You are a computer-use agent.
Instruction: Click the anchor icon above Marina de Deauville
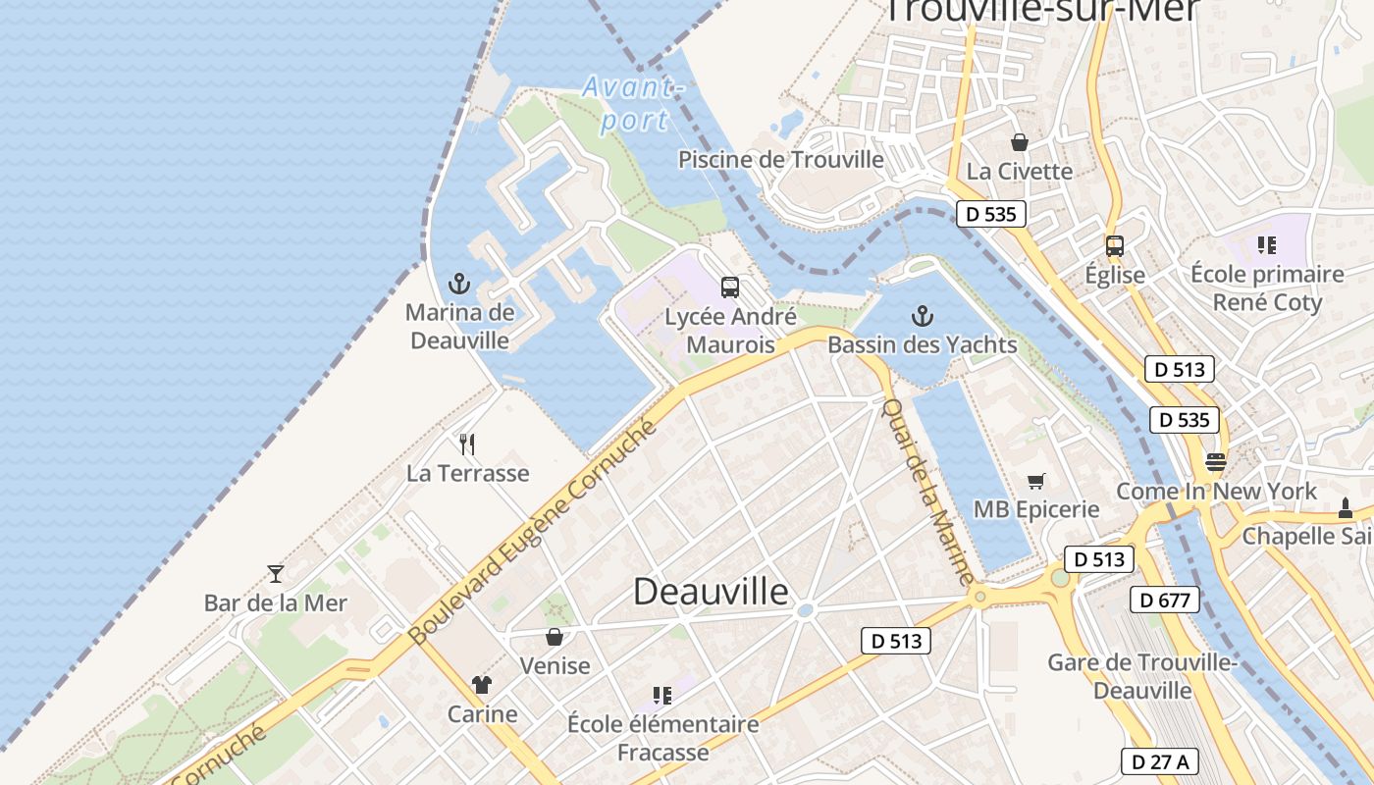pyautogui.click(x=458, y=285)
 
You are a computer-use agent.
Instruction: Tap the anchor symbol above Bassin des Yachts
pyautogui.click(x=922, y=316)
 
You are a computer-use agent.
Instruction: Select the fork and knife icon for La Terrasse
pyautogui.click(x=467, y=445)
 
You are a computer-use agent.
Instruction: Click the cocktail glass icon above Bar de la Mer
pyautogui.click(x=275, y=574)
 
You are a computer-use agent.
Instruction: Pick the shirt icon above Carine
pyautogui.click(x=481, y=685)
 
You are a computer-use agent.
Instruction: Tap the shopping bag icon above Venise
pyautogui.click(x=555, y=637)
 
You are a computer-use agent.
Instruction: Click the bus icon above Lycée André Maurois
pyautogui.click(x=730, y=288)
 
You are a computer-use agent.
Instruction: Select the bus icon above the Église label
pyautogui.click(x=1114, y=246)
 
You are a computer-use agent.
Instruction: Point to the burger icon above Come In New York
pyautogui.click(x=1216, y=461)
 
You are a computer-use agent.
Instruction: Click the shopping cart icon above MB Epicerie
pyautogui.click(x=1035, y=481)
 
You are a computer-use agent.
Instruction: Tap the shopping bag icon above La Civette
pyautogui.click(x=1020, y=142)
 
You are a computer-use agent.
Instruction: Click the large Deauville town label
pyautogui.click(x=711, y=592)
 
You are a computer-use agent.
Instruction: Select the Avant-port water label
pyautogui.click(x=633, y=103)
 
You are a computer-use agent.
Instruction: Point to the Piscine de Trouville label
pyautogui.click(x=781, y=159)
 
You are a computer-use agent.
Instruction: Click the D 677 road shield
pyautogui.click(x=1165, y=600)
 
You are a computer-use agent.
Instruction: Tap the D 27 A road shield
pyautogui.click(x=1159, y=761)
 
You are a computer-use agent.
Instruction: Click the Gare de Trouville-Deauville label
pyautogui.click(x=1142, y=676)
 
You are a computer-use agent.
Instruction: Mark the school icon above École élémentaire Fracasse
pyautogui.click(x=662, y=696)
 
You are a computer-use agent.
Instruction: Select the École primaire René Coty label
pyautogui.click(x=1267, y=288)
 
